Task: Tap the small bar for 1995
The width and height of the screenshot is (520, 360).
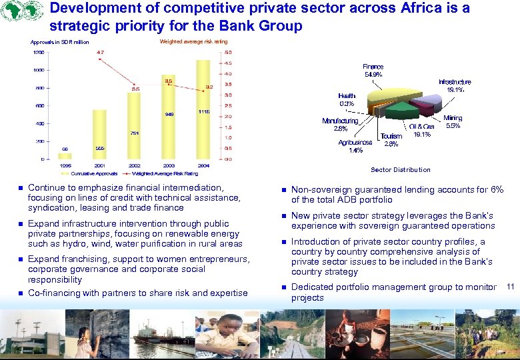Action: [65, 156]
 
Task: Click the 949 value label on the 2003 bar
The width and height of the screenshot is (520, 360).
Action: [169, 114]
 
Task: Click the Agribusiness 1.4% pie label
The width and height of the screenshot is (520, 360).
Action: [355, 147]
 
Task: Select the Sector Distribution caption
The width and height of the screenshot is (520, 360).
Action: [401, 170]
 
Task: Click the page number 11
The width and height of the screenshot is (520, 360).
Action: [510, 287]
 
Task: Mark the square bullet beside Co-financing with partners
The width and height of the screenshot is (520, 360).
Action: [20, 293]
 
